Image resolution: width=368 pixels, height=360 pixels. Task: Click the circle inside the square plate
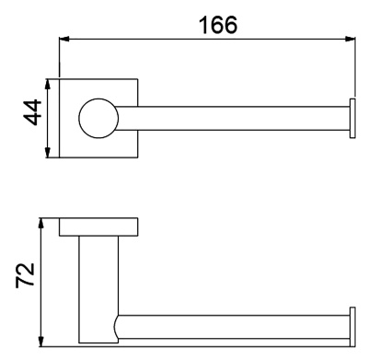98,119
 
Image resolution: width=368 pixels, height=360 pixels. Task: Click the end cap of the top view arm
351,119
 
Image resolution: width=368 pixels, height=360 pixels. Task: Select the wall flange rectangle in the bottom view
98,226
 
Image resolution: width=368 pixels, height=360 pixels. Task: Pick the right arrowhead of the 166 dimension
351,40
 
